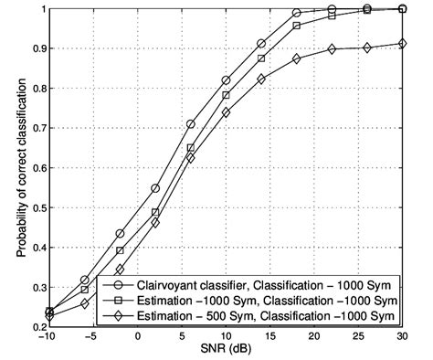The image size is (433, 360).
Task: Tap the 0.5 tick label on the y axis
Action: [37, 207]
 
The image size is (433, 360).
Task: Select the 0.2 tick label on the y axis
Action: [37, 326]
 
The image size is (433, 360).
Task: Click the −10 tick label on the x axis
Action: [48, 337]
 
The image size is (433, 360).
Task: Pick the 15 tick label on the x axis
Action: [270, 337]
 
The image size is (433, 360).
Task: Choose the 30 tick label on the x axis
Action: [404, 337]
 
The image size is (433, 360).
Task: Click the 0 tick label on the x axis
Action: [137, 337]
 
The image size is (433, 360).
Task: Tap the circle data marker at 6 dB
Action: [191, 124]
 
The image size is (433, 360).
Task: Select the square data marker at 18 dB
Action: [297, 26]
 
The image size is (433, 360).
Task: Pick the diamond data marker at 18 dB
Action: [297, 58]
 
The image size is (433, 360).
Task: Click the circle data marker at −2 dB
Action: [120, 233]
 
